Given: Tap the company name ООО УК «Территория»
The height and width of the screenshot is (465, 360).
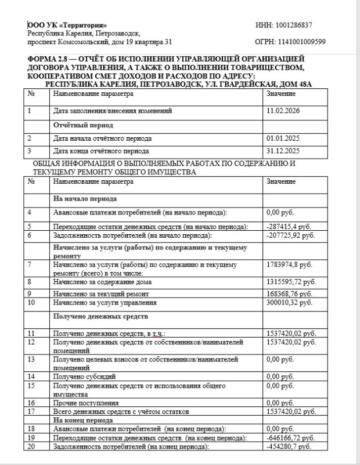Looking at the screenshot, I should [x=67, y=25].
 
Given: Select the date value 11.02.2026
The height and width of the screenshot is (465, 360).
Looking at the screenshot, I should [x=282, y=110].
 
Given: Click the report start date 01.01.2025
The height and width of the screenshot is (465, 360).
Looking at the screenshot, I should [x=282, y=138].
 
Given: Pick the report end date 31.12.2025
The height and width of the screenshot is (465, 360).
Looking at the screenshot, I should [x=282, y=151].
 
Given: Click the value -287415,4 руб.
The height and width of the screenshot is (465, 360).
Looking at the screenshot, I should [x=289, y=226].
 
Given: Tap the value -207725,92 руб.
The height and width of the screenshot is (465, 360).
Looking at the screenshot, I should [x=290, y=235].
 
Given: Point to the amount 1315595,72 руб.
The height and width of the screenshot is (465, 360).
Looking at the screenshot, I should [x=290, y=282].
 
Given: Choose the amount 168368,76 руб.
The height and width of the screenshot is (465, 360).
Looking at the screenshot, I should [x=289, y=294].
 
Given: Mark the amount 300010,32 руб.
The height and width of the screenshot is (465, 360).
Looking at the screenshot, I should [x=289, y=303].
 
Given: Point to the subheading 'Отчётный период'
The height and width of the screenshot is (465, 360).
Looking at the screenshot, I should [x=82, y=125].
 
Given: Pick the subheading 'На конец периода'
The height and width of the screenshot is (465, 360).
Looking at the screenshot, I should [x=82, y=420].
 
